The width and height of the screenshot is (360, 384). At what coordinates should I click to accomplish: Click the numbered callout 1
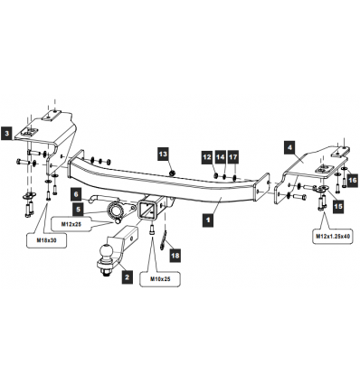click(208, 220)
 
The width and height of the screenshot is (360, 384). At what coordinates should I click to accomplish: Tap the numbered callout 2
click(127, 276)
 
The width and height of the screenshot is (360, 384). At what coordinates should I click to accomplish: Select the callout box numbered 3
click(6, 134)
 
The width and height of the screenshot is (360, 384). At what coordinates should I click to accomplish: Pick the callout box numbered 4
click(289, 147)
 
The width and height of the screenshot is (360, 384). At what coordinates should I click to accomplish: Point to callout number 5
click(79, 209)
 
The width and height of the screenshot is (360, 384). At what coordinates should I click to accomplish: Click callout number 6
click(76, 194)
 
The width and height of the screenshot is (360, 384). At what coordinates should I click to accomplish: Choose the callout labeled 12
click(207, 157)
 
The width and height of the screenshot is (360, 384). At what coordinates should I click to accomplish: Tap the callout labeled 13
click(163, 154)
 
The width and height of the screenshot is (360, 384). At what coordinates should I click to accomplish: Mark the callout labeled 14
click(220, 157)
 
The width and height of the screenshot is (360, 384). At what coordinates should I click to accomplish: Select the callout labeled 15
click(338, 206)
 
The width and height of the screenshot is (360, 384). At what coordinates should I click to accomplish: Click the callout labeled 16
click(352, 181)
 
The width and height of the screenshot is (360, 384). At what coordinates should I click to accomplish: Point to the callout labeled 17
click(232, 157)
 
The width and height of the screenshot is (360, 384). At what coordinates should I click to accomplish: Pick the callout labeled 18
click(175, 256)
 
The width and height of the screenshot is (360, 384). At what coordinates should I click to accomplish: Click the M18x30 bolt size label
click(46, 240)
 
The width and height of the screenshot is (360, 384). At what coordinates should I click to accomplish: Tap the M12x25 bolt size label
click(71, 224)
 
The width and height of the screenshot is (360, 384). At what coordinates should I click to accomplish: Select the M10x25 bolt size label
click(160, 279)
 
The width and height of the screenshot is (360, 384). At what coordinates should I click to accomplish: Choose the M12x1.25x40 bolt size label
click(333, 236)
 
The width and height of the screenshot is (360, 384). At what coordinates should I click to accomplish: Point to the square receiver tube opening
click(147, 210)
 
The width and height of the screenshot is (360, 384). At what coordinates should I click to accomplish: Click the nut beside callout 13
click(172, 173)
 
